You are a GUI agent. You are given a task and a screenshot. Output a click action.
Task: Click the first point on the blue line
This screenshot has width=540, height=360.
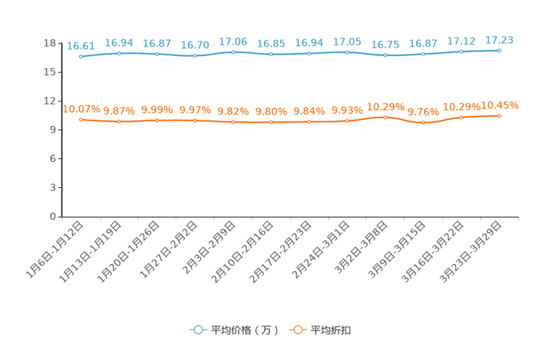pyautogui.click(x=81, y=56)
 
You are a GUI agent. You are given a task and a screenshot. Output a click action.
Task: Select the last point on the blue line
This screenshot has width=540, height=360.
pyautogui.click(x=499, y=50)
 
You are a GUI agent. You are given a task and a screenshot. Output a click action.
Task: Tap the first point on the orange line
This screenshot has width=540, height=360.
pyautogui.click(x=81, y=118)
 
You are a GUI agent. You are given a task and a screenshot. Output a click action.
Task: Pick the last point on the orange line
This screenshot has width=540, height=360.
pyautogui.click(x=499, y=115)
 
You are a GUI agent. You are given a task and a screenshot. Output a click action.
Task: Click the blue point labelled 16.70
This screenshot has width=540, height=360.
pyautogui.click(x=195, y=56)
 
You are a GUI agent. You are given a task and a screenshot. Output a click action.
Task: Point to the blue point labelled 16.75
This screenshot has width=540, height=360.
pyautogui.click(x=385, y=55)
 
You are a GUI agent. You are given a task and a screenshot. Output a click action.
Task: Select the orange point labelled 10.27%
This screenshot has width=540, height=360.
pyautogui.click(x=385, y=116)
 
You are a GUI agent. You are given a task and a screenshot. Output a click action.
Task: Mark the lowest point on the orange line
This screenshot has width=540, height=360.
pyautogui.click(x=423, y=123)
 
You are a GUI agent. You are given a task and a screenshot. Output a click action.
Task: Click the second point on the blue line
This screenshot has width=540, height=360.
pyautogui.click(x=118, y=53)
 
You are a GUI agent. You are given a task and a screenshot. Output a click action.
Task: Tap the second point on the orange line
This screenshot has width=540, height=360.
pyautogui.click(x=118, y=121)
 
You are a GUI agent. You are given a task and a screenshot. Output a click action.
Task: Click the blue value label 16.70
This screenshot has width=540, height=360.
pyautogui.click(x=195, y=45)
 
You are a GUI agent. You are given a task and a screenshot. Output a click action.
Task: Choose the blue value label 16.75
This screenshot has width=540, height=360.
pyautogui.click(x=385, y=44)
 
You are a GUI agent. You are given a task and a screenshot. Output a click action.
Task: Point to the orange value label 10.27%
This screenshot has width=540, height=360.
pyautogui.click(x=385, y=107)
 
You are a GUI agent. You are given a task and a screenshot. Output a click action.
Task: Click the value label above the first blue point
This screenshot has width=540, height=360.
pyautogui.click(x=81, y=46)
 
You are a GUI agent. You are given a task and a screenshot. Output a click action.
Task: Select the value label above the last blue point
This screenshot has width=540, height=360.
pyautogui.click(x=499, y=39)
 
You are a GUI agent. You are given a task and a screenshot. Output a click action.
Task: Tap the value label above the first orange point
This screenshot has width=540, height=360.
pyautogui.click(x=81, y=109)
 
